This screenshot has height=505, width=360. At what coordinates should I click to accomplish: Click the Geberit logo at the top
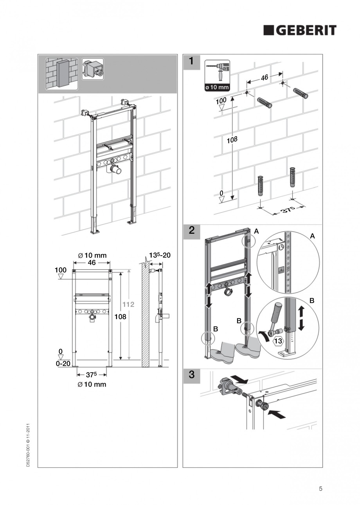pos(299,30)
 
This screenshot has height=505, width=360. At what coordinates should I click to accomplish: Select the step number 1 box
pos(191,61)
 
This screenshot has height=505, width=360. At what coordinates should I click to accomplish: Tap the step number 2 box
pos(191,231)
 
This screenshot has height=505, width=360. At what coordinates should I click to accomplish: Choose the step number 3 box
pos(191,375)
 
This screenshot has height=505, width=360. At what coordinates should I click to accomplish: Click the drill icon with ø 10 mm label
pos(217,76)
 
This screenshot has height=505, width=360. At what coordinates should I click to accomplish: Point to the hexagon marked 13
pos(277,341)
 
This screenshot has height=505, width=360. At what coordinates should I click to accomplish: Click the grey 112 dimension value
pos(129,304)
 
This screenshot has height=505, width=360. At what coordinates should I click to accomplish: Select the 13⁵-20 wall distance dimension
pos(159,255)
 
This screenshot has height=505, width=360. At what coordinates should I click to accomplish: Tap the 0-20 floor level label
pos(63,363)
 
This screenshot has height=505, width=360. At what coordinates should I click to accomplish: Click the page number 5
pos(320,488)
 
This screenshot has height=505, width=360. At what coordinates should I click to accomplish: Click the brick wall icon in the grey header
pos(62,74)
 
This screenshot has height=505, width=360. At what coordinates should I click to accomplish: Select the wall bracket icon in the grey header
pos(93,69)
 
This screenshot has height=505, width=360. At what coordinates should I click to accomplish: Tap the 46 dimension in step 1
pos(265,78)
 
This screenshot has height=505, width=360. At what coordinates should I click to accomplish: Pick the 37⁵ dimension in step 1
pos(288,210)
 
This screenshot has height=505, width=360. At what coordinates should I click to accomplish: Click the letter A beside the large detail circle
pos(312,236)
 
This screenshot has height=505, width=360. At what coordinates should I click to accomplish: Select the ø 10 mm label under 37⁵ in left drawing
pos(92,384)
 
